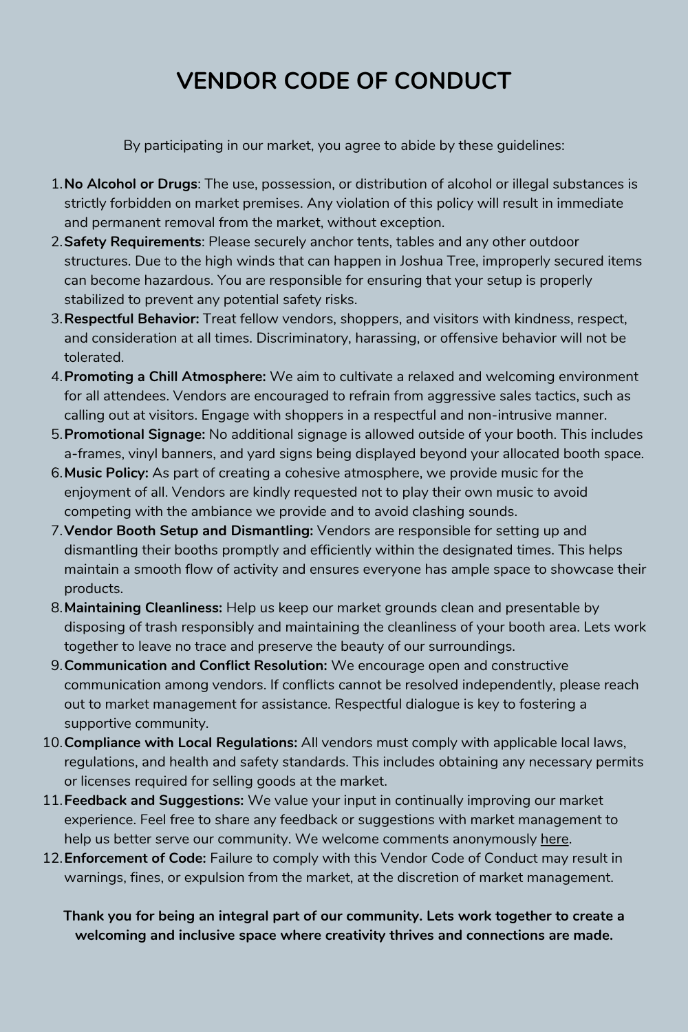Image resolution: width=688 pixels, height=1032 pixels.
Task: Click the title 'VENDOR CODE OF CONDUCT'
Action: (x=343, y=80)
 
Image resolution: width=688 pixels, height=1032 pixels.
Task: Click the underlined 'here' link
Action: (x=555, y=839)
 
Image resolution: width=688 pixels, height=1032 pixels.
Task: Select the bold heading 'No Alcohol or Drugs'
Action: (x=131, y=184)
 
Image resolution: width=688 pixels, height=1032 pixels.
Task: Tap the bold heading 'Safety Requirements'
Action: (x=133, y=242)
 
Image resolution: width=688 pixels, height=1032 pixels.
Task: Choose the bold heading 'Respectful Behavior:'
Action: (x=131, y=319)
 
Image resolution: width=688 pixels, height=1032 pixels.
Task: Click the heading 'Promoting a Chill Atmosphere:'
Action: (x=165, y=377)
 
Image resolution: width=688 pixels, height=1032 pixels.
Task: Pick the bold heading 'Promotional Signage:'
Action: (x=135, y=435)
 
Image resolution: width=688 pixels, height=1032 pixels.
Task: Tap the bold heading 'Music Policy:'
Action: (x=106, y=473)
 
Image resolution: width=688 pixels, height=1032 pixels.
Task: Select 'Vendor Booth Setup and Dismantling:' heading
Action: (x=189, y=531)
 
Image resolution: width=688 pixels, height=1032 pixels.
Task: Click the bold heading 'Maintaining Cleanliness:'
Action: (x=143, y=608)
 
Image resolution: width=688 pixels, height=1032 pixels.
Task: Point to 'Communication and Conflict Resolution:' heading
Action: (x=195, y=666)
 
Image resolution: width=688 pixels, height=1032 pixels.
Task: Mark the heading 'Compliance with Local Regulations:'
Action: (x=181, y=743)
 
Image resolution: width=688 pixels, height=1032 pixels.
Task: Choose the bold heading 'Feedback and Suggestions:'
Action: (x=154, y=801)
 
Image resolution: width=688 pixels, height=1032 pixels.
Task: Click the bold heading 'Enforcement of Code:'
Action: (x=135, y=859)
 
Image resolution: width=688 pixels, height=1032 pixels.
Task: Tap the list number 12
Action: (x=52, y=859)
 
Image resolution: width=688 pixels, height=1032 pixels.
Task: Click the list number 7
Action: (x=56, y=531)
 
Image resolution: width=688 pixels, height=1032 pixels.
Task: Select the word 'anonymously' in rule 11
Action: (x=494, y=839)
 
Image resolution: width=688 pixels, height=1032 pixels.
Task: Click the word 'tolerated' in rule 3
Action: (x=93, y=358)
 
